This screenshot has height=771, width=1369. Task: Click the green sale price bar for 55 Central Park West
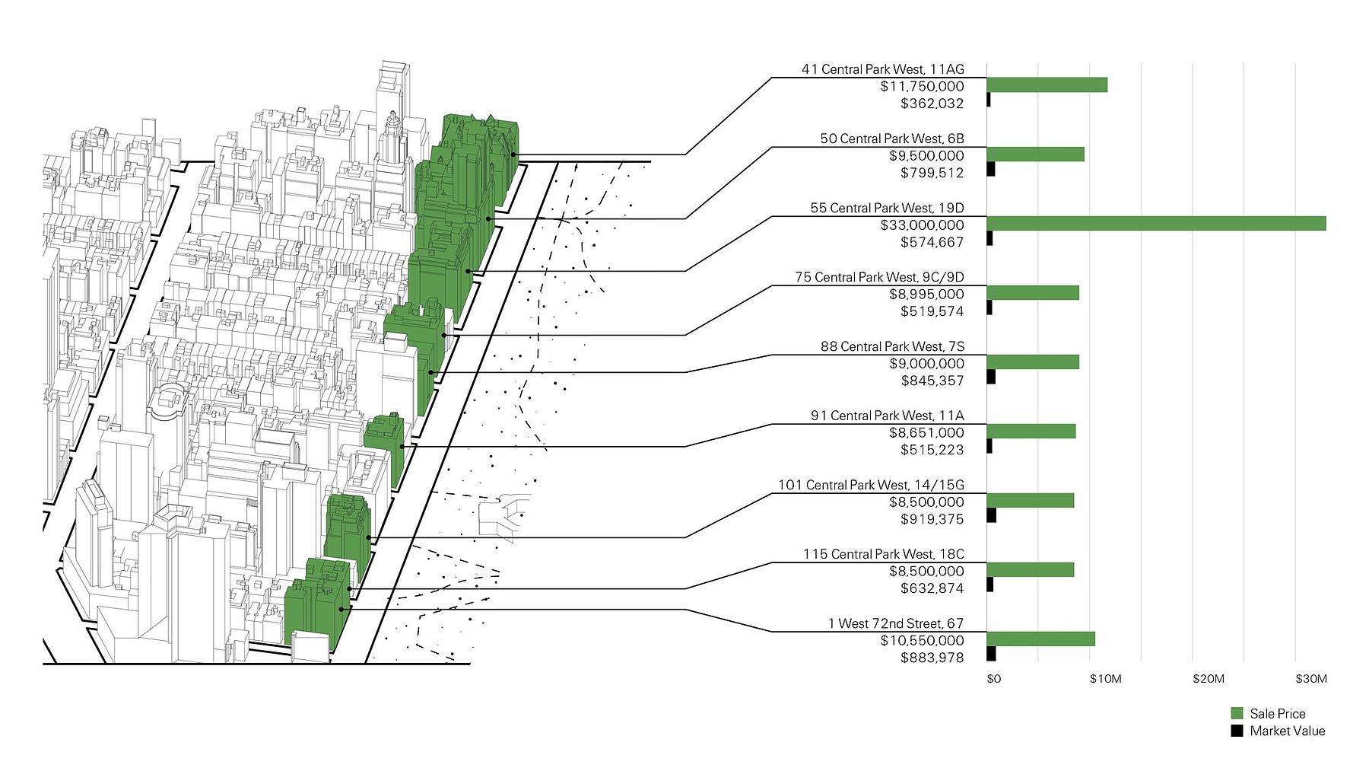point(1156,224)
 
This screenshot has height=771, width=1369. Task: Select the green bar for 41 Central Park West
point(1047,85)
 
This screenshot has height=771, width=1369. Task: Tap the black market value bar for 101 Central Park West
point(991,515)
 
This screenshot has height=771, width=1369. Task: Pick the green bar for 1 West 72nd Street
point(1040,639)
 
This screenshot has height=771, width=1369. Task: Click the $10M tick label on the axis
point(1105,679)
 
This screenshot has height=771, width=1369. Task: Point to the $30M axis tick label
point(1311,679)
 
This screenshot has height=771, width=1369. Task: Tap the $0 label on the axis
point(993,679)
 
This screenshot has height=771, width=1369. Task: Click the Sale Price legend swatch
point(1237,713)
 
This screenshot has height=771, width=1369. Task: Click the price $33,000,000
point(922,225)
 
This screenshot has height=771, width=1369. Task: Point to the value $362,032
point(932,104)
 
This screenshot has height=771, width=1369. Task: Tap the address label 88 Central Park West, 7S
point(891,346)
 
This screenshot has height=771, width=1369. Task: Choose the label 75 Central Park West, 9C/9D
point(879,277)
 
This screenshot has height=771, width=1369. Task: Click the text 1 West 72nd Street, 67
point(895,623)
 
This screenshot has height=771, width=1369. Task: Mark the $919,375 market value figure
point(932,519)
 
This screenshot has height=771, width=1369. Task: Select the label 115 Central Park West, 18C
point(883,554)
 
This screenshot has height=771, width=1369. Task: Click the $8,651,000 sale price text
point(926,432)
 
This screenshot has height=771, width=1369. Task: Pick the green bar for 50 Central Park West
point(1035,155)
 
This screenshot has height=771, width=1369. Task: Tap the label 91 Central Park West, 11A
point(887,416)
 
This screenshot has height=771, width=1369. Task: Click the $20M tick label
point(1209,679)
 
